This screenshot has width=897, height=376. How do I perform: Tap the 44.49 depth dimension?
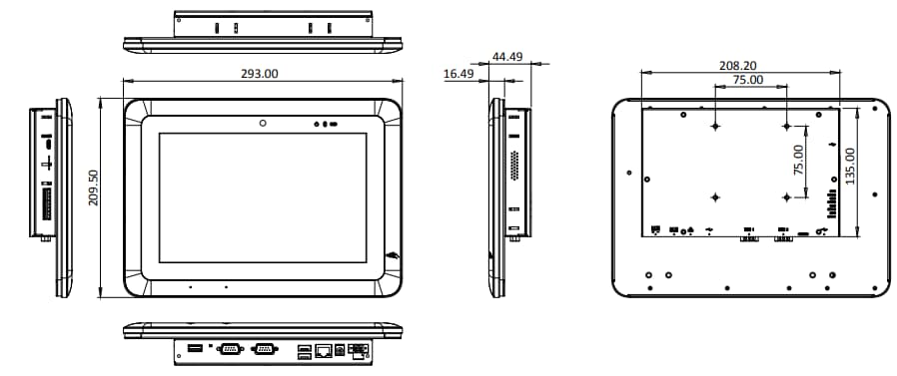pyautogui.click(x=508, y=57)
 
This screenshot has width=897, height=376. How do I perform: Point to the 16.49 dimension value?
pyautogui.click(x=458, y=74)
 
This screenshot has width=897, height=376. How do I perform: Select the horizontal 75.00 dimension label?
pyautogui.click(x=748, y=80)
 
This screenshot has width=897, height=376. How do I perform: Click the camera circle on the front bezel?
pyautogui.click(x=263, y=125)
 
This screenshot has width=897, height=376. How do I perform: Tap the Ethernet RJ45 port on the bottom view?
pyautogui.click(x=326, y=350)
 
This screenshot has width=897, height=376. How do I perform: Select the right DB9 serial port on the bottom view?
pyautogui.click(x=266, y=349)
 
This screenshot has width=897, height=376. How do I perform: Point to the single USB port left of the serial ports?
pyautogui.click(x=195, y=348)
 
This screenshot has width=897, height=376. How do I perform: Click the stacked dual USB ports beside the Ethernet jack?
pyautogui.click(x=303, y=350)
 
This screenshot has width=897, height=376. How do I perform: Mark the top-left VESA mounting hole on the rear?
pyautogui.click(x=716, y=127)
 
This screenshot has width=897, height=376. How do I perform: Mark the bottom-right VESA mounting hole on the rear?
pyautogui.click(x=786, y=195)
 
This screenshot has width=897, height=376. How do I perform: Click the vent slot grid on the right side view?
pyautogui.click(x=514, y=166)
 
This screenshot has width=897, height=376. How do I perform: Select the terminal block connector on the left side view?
pyautogui.click(x=45, y=205)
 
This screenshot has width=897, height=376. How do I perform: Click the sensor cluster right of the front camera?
pyautogui.click(x=326, y=126)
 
